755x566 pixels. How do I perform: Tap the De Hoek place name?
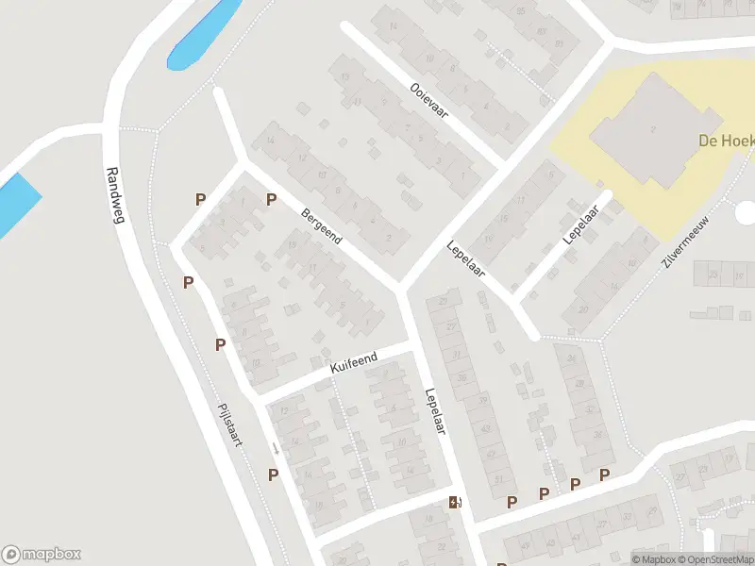click(725, 141)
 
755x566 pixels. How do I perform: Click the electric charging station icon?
click(454, 503)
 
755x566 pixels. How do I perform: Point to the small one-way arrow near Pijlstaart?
click(275, 448)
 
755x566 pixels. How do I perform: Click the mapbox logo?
click(42, 555)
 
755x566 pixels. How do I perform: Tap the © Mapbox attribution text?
click(655, 559)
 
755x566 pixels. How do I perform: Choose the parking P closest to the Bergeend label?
click(271, 199)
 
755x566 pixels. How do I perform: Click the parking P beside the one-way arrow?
click(274, 474)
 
